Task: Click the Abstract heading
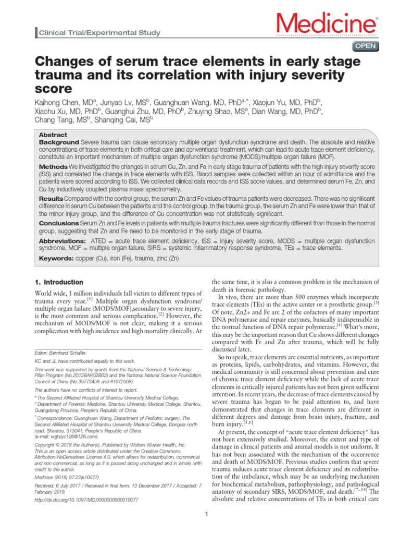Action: click(54, 135)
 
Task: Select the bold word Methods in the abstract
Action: click(54, 166)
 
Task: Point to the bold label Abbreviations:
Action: click(63, 241)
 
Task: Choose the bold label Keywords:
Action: click(57, 258)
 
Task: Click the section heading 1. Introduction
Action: click(59, 282)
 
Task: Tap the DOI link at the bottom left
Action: click(86, 499)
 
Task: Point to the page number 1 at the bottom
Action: click(207, 516)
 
